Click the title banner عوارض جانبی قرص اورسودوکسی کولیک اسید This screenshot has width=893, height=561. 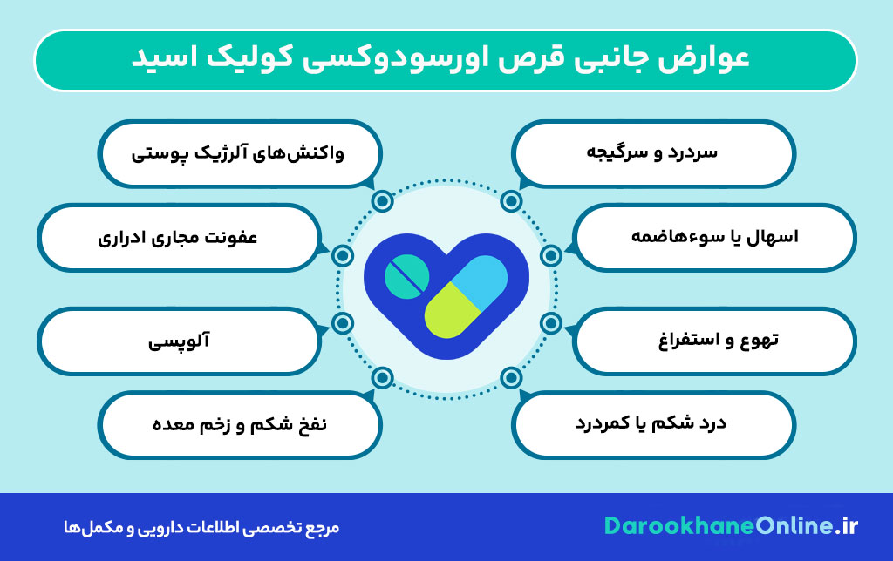pos(445,60)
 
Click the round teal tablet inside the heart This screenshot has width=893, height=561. pos(406,275)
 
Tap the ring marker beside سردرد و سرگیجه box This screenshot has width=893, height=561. pos(511,202)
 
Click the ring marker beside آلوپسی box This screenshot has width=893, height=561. pos(343,324)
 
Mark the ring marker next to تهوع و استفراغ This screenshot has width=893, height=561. pos(550,324)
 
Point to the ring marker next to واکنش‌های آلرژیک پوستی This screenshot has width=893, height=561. pos(381,202)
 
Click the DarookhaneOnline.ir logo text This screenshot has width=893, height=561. pos(732,526)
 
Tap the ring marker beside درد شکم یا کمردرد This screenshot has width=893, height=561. pos(511,377)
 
